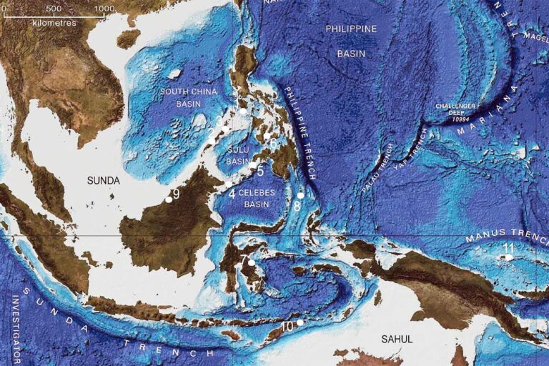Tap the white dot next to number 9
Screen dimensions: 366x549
(x=169, y=199)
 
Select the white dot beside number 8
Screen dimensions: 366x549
(x=301, y=195)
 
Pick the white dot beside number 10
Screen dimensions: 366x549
(x=300, y=323)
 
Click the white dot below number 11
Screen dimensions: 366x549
(x=508, y=257)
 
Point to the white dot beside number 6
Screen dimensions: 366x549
(x=267, y=136)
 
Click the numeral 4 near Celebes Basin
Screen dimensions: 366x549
(x=232, y=193)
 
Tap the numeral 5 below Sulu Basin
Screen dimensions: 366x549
(x=261, y=172)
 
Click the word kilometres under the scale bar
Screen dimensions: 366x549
(x=53, y=21)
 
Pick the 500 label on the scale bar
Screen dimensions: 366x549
(x=53, y=8)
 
